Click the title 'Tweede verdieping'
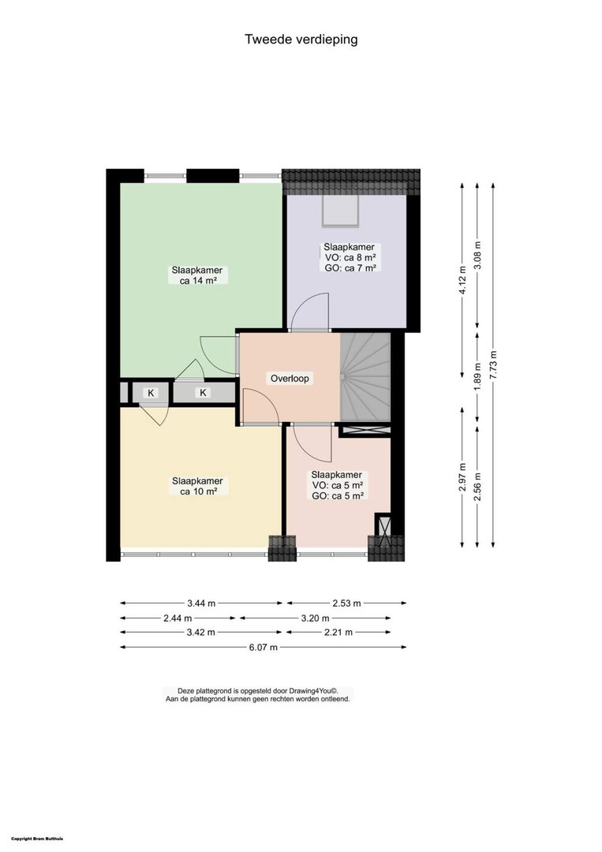click(x=301, y=39)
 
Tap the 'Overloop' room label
click(x=290, y=378)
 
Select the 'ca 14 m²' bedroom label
click(x=198, y=280)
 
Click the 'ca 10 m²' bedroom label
click(x=198, y=491)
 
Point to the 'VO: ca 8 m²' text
click(x=350, y=257)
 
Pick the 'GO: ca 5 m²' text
click(x=338, y=495)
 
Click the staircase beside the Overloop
click(x=365, y=377)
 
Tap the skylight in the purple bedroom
click(x=341, y=211)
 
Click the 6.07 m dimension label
click(x=263, y=647)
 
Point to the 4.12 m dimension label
click(x=462, y=281)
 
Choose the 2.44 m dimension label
click(x=177, y=618)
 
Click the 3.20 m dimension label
click(x=315, y=618)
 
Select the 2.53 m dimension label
click(x=346, y=603)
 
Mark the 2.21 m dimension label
click(x=338, y=632)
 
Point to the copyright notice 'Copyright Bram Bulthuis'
click(x=37, y=839)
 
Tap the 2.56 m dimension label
click(x=477, y=488)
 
